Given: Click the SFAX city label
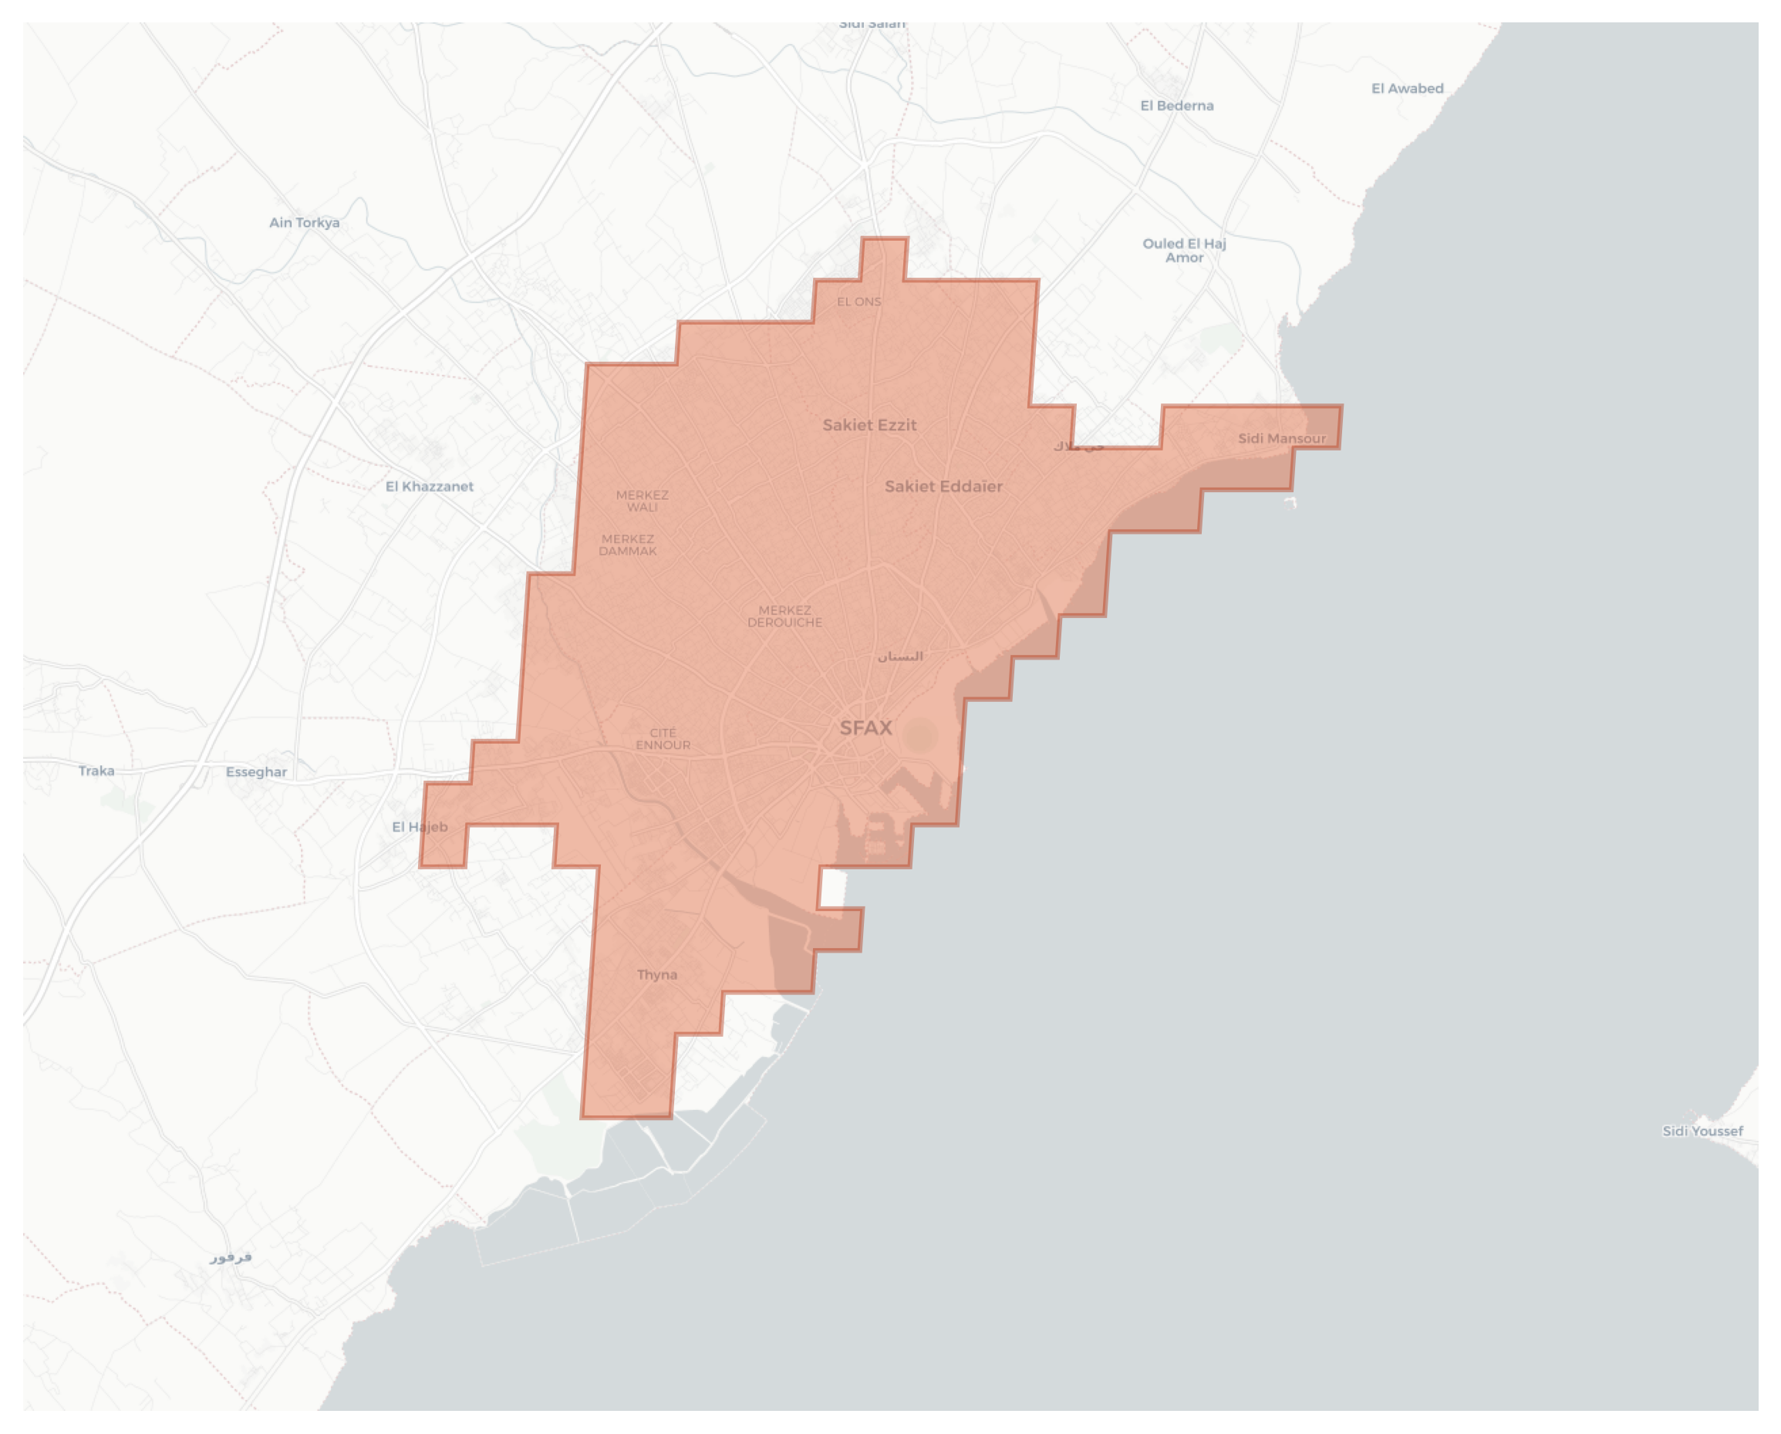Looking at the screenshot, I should (865, 728).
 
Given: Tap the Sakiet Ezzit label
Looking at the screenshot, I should (869, 425).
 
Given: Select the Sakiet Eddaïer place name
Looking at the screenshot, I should (943, 487).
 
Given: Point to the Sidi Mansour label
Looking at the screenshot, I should (1281, 439).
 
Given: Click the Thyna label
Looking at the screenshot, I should (656, 975).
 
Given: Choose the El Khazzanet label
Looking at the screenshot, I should (430, 487).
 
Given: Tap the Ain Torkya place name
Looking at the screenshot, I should (304, 222).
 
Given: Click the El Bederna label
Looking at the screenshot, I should (1176, 106).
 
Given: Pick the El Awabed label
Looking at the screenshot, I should (1407, 89).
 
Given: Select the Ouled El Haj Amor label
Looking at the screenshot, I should (1184, 250).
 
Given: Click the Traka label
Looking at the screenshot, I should (96, 771).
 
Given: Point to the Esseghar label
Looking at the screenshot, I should (256, 772).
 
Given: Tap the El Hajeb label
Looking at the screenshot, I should (420, 827).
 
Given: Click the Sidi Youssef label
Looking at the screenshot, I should (1702, 1131).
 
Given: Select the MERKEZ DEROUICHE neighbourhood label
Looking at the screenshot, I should (784, 616).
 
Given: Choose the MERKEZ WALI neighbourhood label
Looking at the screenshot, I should (642, 501).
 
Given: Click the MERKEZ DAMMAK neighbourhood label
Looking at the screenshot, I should (628, 545).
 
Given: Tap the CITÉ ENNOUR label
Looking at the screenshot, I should (663, 738).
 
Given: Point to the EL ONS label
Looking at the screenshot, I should (859, 302).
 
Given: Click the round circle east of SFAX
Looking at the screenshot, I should (919, 734).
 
